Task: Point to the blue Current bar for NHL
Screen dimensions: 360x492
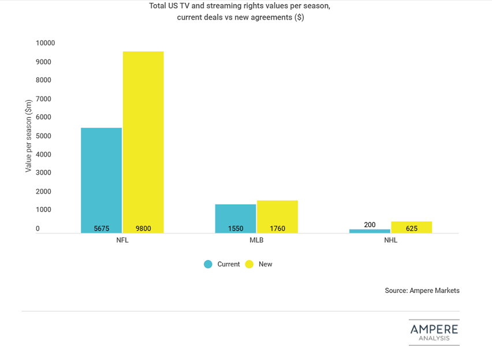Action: pyautogui.click(x=370, y=231)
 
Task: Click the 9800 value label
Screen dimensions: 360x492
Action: pyautogui.click(x=143, y=229)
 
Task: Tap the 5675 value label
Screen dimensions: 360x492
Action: pyautogui.click(x=102, y=229)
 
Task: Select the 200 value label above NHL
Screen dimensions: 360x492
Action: pyautogui.click(x=370, y=225)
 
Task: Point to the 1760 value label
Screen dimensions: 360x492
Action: pyautogui.click(x=277, y=229)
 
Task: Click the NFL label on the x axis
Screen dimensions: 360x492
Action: pyautogui.click(x=122, y=240)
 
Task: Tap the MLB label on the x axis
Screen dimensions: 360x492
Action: pyautogui.click(x=256, y=240)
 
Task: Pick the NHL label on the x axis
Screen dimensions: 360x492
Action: pyautogui.click(x=390, y=240)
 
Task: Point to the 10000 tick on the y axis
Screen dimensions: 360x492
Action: pyautogui.click(x=45, y=43)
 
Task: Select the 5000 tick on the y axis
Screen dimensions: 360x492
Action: pyautogui.click(x=44, y=136)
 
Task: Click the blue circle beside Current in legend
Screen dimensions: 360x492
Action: pyautogui.click(x=208, y=264)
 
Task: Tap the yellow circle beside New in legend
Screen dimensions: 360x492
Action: pyautogui.click(x=249, y=264)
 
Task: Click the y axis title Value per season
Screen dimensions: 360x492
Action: pyautogui.click(x=28, y=136)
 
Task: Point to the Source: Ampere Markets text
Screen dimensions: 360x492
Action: pyautogui.click(x=422, y=291)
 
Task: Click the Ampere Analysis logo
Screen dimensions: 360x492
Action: pyautogui.click(x=434, y=332)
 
